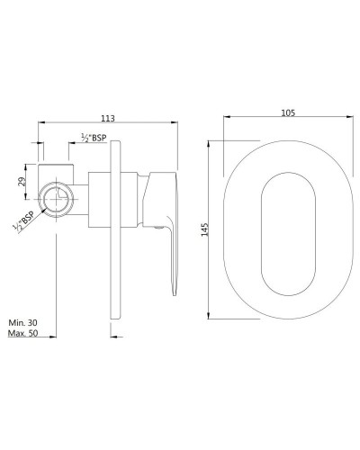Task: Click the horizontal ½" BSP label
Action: [94, 137]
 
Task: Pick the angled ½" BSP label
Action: [27, 220]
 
